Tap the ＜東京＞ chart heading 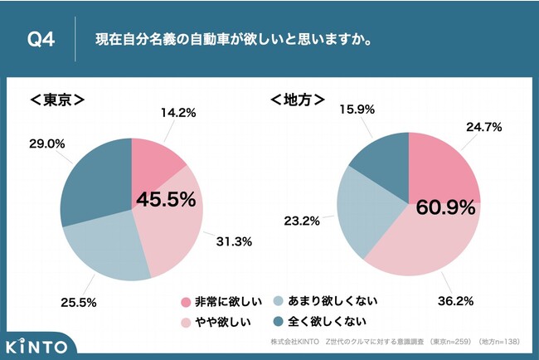[58, 101]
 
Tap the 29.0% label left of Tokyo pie [47, 144]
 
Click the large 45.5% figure [166, 200]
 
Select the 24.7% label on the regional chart [484, 129]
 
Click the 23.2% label [304, 223]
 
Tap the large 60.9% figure [446, 206]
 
